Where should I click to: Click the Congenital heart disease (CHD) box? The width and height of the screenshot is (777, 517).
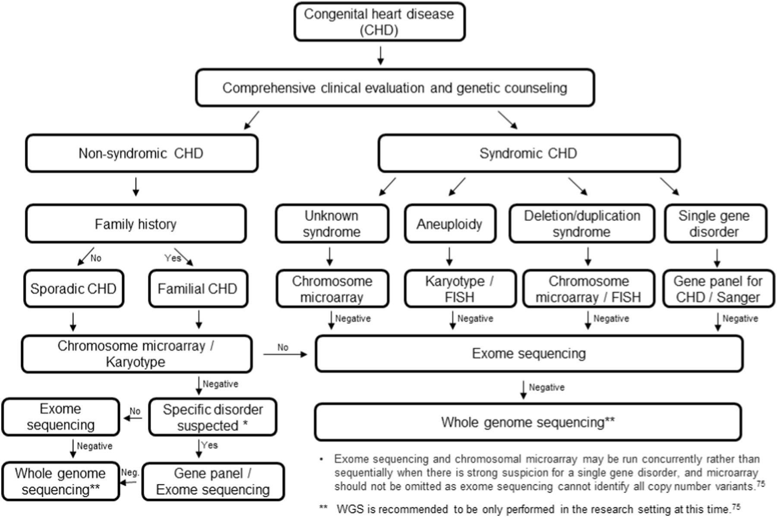pyautogui.click(x=379, y=22)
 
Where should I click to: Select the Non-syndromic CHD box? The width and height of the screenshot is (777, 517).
pyautogui.click(x=142, y=153)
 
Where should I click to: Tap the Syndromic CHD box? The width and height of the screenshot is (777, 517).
pyautogui.click(x=529, y=153)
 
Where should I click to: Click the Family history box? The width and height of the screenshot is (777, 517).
pyautogui.click(x=136, y=224)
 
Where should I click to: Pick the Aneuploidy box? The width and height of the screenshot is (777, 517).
pyautogui.click(x=449, y=224)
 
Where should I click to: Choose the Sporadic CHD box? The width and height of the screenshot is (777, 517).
pyautogui.click(x=73, y=289)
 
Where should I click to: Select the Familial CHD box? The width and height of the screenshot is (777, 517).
pyautogui.click(x=198, y=289)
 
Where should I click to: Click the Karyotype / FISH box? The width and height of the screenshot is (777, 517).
pyautogui.click(x=460, y=289)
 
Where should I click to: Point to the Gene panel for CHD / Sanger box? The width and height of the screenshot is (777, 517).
pyautogui.click(x=718, y=289)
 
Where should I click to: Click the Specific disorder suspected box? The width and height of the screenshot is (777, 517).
pyautogui.click(x=212, y=417)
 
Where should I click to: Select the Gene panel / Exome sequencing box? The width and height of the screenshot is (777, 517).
pyautogui.click(x=213, y=482)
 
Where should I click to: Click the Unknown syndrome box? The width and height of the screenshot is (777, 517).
pyautogui.click(x=332, y=224)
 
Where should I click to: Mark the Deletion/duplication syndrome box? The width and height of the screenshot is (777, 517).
pyautogui.click(x=581, y=224)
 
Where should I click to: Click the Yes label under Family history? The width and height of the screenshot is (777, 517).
pyautogui.click(x=172, y=258)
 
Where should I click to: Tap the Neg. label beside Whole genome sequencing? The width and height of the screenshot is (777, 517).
pyautogui.click(x=130, y=472)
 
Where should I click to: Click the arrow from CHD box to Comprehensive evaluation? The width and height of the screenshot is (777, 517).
pyautogui.click(x=380, y=55)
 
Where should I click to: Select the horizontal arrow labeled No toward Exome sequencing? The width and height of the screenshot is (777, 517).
pyautogui.click(x=285, y=354)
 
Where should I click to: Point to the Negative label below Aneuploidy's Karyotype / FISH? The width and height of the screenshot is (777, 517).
pyautogui.click(x=475, y=319)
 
